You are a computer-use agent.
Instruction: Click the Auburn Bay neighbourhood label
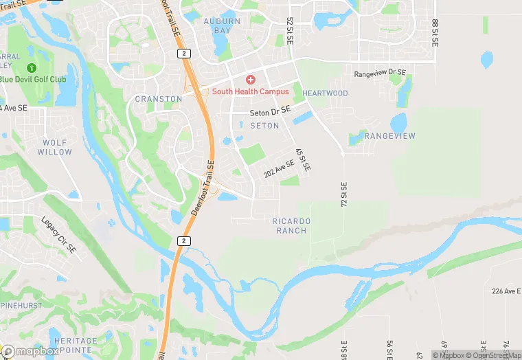222,26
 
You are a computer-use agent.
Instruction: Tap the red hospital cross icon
250,80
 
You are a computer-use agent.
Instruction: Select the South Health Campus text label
250,92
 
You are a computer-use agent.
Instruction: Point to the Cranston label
159,99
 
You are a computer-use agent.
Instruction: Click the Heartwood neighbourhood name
326,93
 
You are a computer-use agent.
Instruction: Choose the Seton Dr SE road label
270,111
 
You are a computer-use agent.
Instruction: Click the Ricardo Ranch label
292,226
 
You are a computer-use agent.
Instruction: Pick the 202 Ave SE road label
278,169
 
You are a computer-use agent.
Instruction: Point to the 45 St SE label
303,159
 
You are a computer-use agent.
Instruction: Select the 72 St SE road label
344,194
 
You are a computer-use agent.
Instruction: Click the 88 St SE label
435,32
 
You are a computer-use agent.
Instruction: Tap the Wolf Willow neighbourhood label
55,147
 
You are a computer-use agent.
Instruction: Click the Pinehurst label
21,305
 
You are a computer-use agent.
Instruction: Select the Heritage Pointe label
76,346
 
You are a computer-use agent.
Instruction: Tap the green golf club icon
31,68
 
